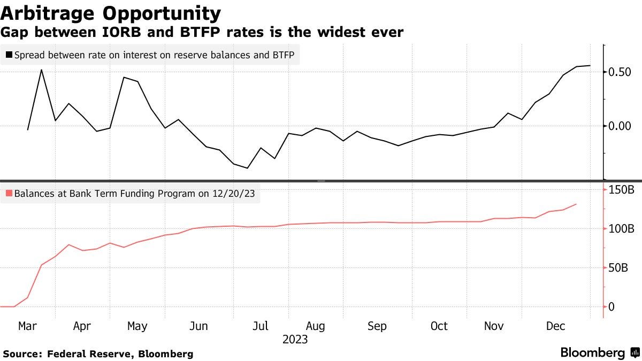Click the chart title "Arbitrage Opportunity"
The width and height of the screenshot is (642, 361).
(111, 13)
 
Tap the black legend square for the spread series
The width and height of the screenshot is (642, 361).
(9, 55)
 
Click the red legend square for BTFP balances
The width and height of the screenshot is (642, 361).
(9, 194)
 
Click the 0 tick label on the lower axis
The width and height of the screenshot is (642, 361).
(612, 307)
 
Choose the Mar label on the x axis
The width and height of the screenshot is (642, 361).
(27, 326)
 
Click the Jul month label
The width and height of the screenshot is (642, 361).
(260, 326)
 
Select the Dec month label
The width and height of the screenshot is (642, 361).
(555, 326)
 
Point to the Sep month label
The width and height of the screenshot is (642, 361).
(377, 326)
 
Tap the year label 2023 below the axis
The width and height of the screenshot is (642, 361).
(295, 339)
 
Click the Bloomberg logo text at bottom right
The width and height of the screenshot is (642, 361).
(593, 353)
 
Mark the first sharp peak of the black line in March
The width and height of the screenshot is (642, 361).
(42, 70)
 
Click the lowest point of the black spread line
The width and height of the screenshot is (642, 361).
(247, 168)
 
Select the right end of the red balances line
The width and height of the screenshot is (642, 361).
(576, 204)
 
